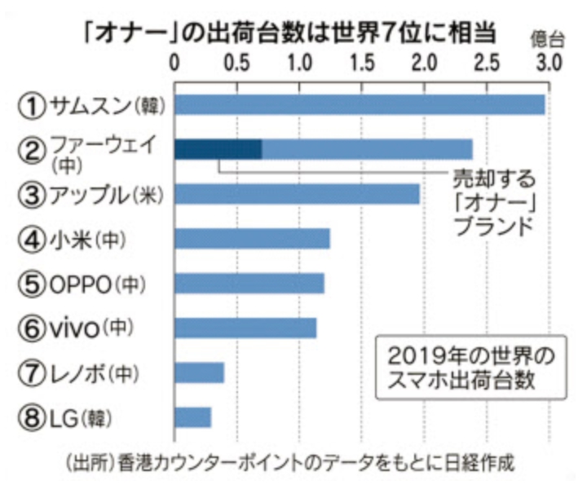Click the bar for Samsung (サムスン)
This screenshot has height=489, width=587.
coord(360,104)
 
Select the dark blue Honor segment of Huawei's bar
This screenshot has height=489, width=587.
coord(218,149)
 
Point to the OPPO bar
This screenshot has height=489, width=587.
coord(249,283)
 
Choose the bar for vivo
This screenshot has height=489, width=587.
coord(245,328)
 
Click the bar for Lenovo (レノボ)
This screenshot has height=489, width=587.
coord(200,372)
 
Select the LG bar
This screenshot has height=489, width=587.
coord(193,417)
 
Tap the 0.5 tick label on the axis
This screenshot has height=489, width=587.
coord(237,63)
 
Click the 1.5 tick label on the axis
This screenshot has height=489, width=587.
coord(362,63)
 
